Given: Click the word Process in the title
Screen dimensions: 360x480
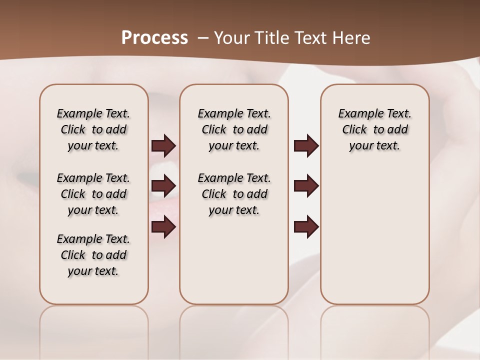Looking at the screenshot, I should click(x=154, y=38).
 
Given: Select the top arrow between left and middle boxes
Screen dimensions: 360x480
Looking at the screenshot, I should click(x=163, y=145).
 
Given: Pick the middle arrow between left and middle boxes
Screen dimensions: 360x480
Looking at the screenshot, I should click(x=163, y=186).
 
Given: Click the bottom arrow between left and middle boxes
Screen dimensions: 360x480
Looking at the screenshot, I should click(x=163, y=227).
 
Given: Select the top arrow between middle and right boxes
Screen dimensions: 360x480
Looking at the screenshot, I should click(x=306, y=145).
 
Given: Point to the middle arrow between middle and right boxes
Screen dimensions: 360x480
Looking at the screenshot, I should click(x=306, y=186).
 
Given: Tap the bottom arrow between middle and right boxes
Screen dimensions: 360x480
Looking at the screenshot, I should click(x=306, y=227).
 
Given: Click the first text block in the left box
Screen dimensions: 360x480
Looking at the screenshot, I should click(x=93, y=129).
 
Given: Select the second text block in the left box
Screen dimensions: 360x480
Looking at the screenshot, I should click(x=93, y=194).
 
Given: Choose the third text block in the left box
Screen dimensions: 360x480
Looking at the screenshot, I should click(x=93, y=255).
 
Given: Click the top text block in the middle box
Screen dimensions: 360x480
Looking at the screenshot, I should click(x=234, y=129).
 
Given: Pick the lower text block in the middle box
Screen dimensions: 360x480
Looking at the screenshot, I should click(x=234, y=194).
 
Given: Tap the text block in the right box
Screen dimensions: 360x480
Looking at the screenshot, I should click(x=374, y=129).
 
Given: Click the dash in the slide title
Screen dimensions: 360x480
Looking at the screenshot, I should click(x=203, y=38).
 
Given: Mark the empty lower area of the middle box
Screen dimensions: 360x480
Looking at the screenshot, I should click(x=234, y=260).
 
